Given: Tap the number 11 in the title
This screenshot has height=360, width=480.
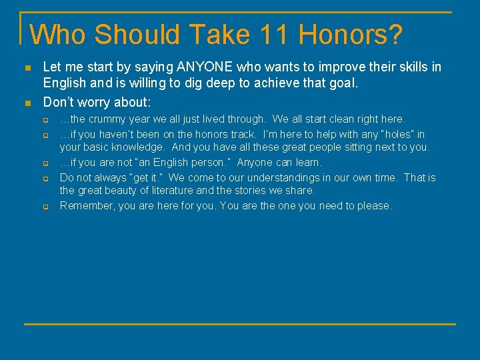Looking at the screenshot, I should [x=279, y=35].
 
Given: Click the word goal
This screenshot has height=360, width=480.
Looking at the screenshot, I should [x=343, y=84].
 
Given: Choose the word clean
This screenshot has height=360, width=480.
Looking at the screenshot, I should [x=335, y=119].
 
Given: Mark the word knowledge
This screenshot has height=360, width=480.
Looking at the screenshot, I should [x=139, y=147].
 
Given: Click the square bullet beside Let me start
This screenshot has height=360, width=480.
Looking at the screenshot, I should [x=27, y=68].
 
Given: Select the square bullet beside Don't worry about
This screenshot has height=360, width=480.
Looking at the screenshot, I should [x=27, y=103].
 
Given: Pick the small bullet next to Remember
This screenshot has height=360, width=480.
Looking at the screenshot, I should [x=47, y=207].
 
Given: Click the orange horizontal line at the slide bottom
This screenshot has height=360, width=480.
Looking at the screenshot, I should [x=240, y=324].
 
